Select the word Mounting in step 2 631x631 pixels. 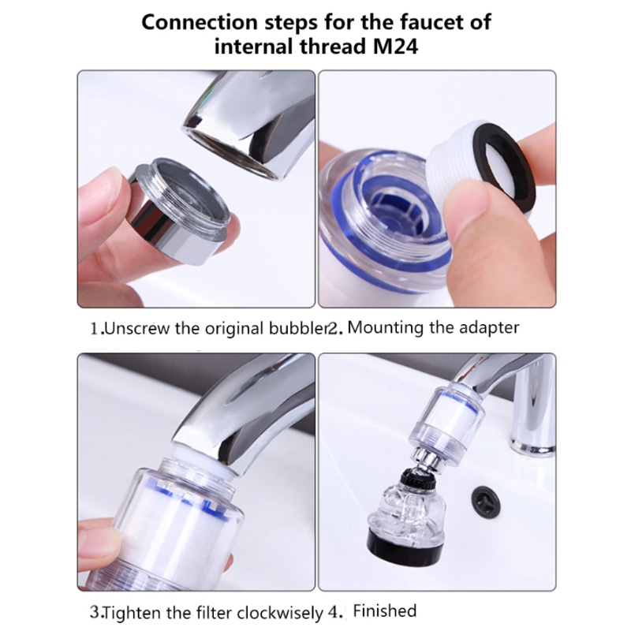click(x=385, y=327)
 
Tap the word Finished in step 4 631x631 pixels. click(x=384, y=610)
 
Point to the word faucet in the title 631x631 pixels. click(x=433, y=21)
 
